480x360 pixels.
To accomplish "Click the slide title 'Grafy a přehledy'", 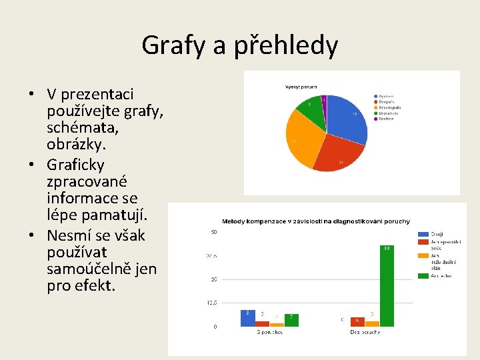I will click(x=239, y=45).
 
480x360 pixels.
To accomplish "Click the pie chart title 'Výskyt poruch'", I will click(x=301, y=87).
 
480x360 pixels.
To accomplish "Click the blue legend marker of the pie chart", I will click(x=376, y=96).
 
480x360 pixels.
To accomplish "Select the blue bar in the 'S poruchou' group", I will click(x=247, y=318).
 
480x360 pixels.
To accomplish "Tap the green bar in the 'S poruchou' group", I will click(x=291, y=320).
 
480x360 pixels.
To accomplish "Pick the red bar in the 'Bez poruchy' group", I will click(x=357, y=322).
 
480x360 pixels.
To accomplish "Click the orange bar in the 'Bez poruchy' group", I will click(x=372, y=323).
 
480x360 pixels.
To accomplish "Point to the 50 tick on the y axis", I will click(x=213, y=232).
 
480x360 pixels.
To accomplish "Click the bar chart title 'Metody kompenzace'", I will click(x=315, y=221).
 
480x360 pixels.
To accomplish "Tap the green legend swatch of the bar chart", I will click(x=423, y=275).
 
